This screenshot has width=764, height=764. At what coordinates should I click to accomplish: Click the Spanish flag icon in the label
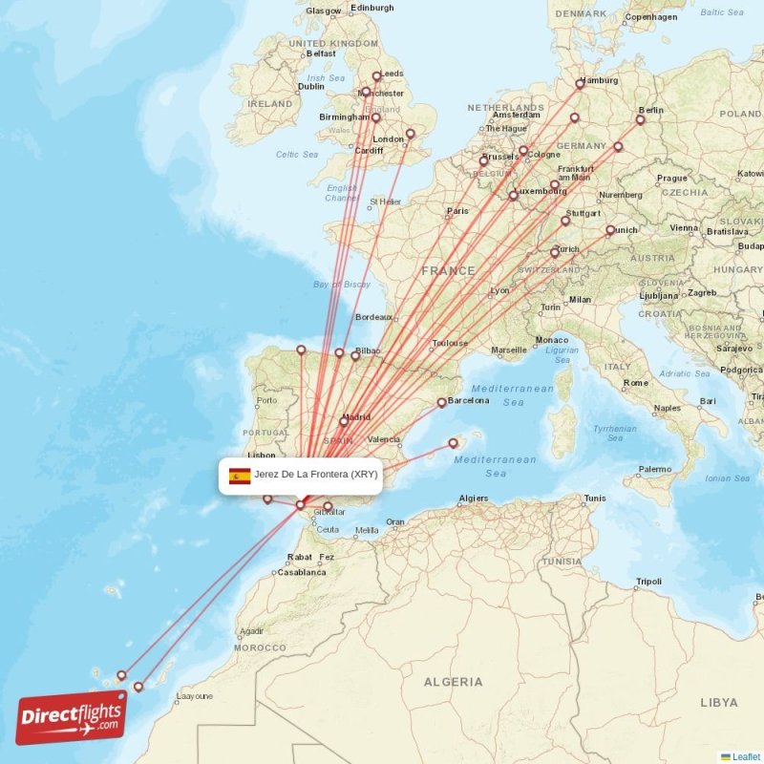pos(240,476)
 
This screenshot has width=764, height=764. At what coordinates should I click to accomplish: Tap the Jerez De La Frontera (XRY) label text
pos(316,474)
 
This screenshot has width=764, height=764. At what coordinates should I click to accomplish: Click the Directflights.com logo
pos(72,717)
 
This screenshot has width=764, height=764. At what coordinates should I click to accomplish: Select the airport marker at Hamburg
pos(580,84)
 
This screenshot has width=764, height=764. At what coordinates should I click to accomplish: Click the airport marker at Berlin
pos(641,120)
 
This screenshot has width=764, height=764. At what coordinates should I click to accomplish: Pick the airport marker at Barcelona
pos(441,403)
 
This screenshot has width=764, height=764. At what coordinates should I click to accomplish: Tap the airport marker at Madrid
pos(344,420)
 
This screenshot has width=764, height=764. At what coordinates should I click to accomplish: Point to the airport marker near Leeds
pos(377,76)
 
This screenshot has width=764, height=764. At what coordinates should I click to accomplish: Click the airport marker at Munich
pos(610,230)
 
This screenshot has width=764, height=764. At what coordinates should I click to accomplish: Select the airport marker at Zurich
pos(555,253)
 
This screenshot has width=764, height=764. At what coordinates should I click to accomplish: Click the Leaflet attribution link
pos(745,756)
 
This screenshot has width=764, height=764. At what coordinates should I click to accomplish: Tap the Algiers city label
pos(473,499)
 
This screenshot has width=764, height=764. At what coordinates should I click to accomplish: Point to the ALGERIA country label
pos(454,682)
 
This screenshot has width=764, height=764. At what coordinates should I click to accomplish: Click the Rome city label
pos(636,383)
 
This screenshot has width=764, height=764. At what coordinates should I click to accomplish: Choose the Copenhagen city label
pos(651,17)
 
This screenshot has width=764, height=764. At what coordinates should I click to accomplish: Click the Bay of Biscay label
pos(342,285)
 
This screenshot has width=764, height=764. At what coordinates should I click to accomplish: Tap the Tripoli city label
pos(648,582)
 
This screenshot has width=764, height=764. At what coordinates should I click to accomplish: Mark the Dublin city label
pos(311,86)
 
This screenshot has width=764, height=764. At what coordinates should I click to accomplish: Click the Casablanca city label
pos(301,573)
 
